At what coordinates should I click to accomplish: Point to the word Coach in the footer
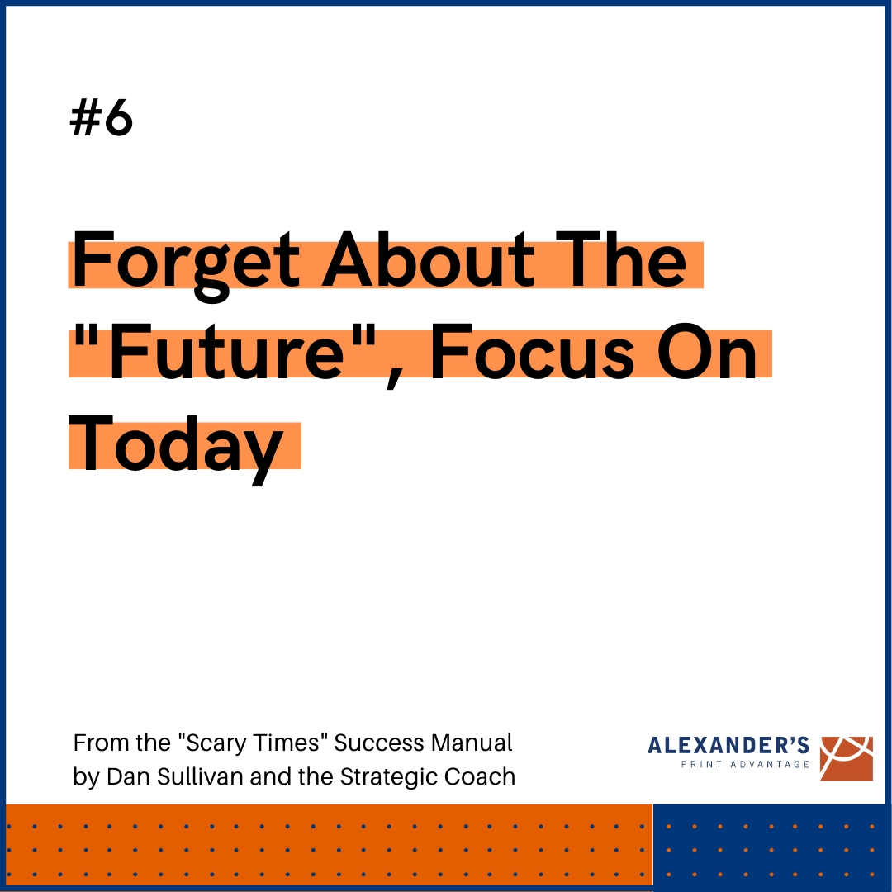pyautogui.click(x=482, y=776)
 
